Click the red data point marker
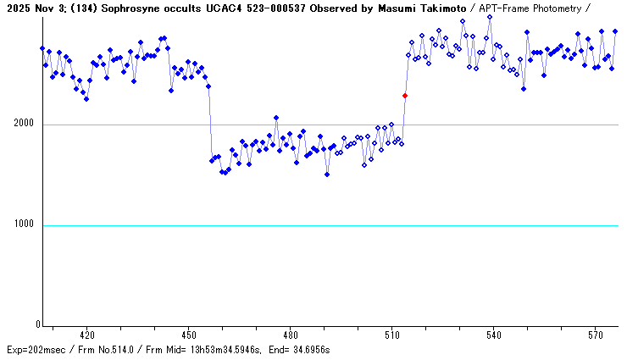(405, 96)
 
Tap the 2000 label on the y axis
(23, 125)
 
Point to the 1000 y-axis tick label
(23, 225)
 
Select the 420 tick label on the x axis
(86, 335)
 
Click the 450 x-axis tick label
(188, 335)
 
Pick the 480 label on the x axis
(290, 335)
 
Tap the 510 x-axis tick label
(391, 335)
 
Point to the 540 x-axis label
(493, 335)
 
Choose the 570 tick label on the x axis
(595, 335)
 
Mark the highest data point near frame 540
(490, 17)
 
